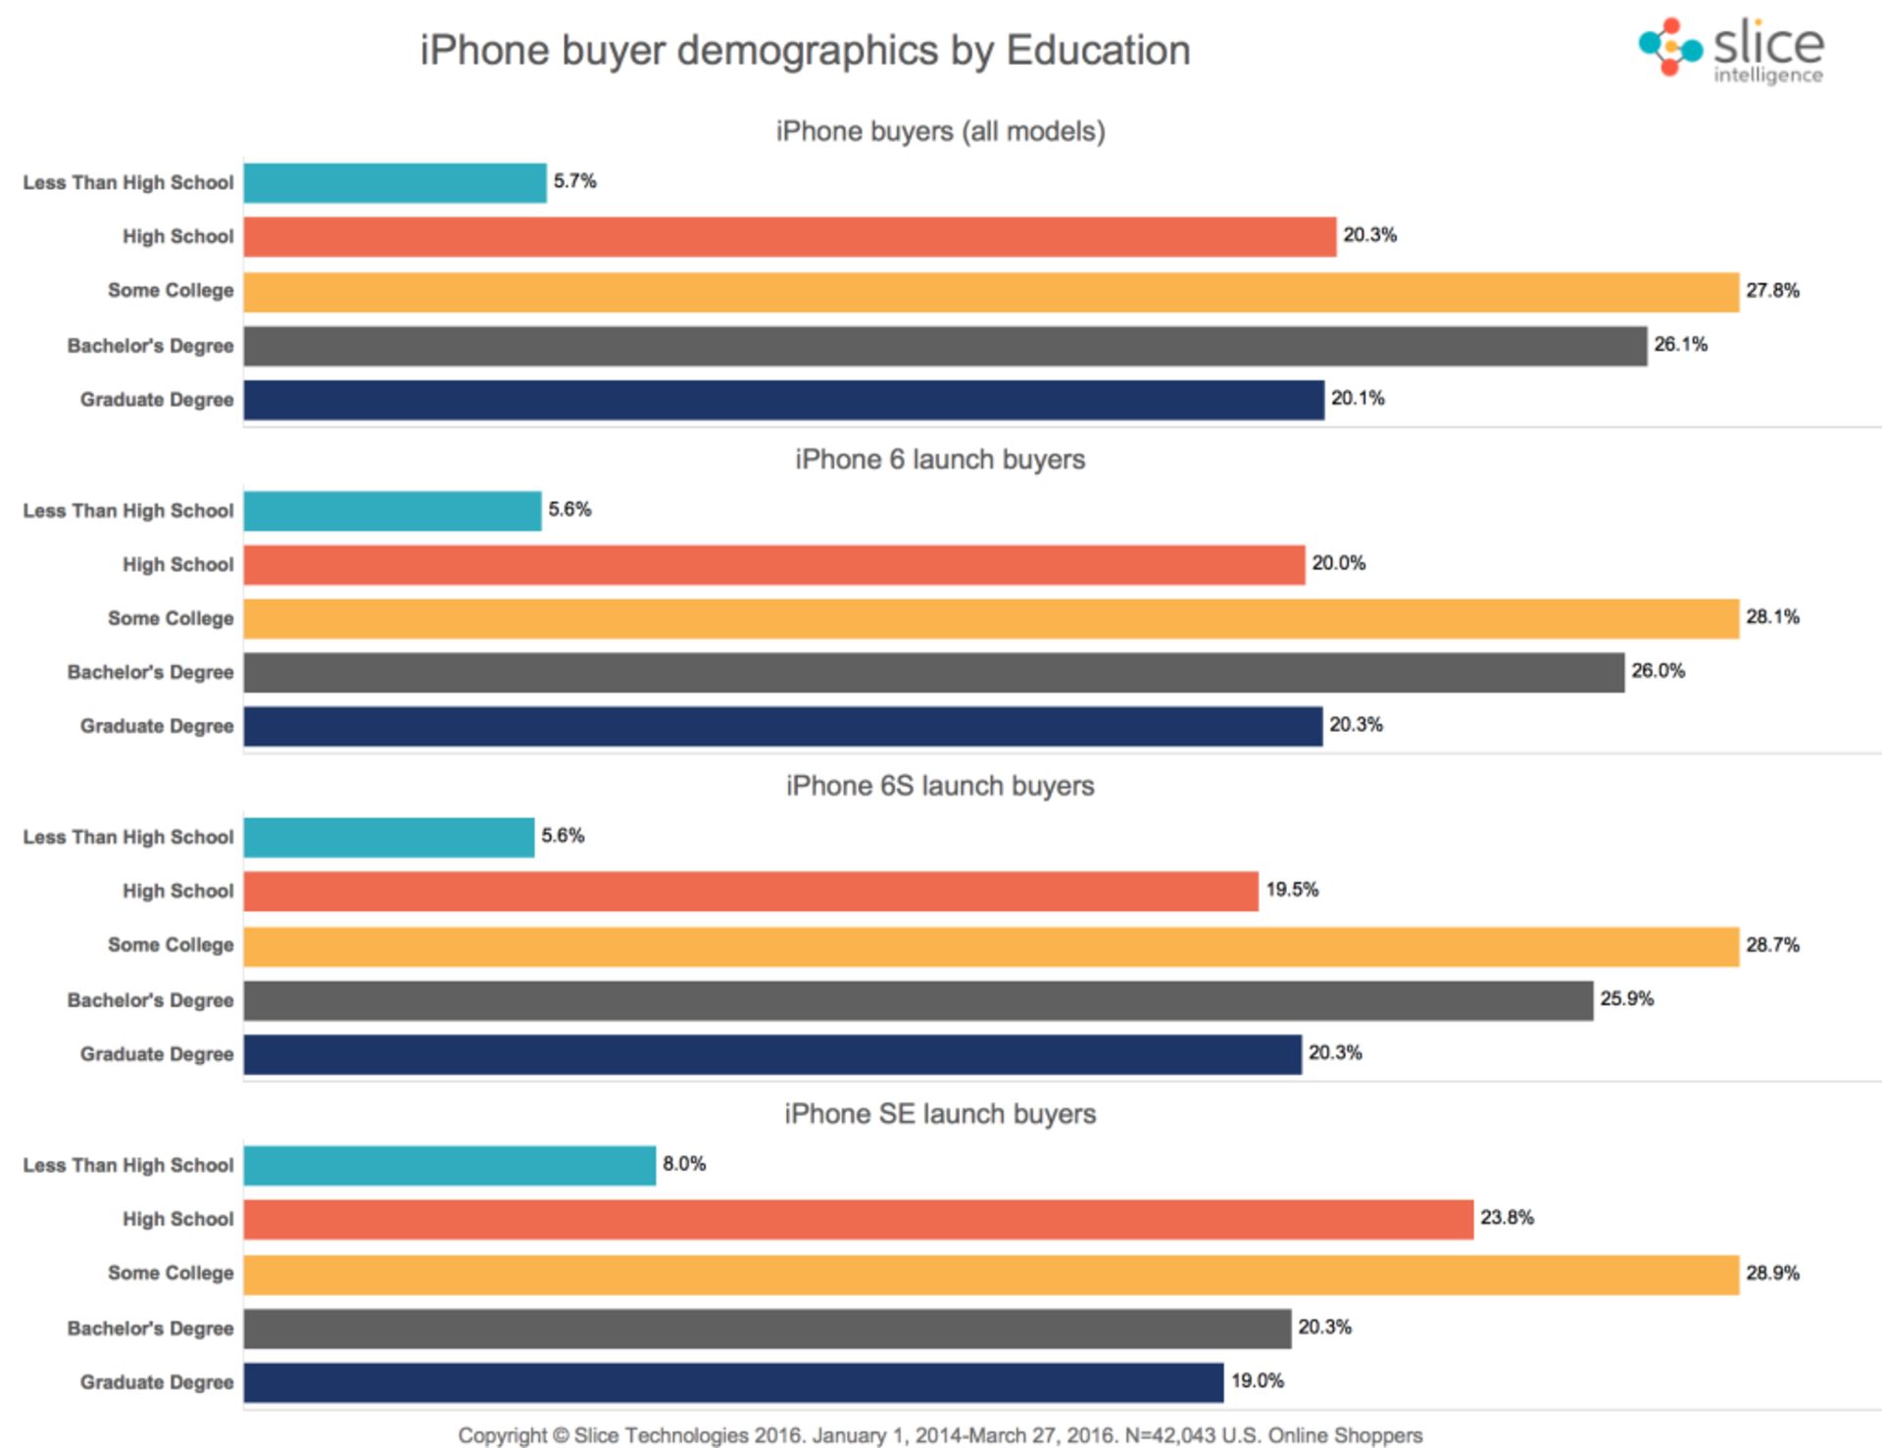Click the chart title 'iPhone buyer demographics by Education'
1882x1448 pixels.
click(x=805, y=50)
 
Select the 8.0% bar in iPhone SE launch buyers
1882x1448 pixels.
click(x=449, y=1165)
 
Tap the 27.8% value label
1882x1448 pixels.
click(x=1772, y=290)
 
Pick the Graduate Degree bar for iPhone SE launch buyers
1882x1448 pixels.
click(x=733, y=1382)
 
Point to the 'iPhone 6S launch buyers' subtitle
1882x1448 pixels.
click(x=940, y=786)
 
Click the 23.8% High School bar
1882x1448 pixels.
click(x=858, y=1219)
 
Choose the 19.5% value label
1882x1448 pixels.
click(x=1292, y=890)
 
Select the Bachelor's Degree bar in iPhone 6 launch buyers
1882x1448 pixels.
click(x=933, y=672)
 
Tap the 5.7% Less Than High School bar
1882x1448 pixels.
click(x=395, y=182)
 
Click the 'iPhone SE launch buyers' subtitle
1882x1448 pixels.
click(x=940, y=1114)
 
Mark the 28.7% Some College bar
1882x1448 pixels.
click(x=991, y=946)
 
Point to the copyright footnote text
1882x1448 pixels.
click(x=940, y=1435)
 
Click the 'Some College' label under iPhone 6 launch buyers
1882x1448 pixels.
click(x=171, y=618)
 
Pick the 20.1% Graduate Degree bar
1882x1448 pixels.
click(x=783, y=400)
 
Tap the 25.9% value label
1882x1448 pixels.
click(x=1626, y=999)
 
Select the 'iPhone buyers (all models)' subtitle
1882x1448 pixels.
click(x=940, y=131)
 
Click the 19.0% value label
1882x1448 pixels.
click(x=1258, y=1380)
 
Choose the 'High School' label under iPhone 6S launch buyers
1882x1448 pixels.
click(x=177, y=891)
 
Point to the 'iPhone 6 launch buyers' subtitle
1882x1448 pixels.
click(x=940, y=459)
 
